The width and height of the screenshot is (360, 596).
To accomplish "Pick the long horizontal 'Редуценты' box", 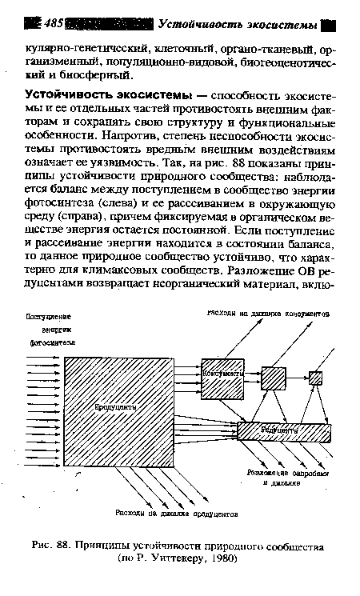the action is point(283,431).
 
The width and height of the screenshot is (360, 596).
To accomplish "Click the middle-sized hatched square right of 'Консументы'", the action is point(272,377).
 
